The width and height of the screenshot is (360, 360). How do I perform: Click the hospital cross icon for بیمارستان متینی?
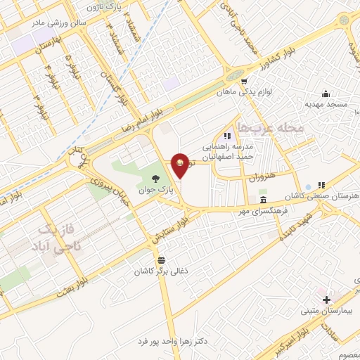click(x=326, y=299)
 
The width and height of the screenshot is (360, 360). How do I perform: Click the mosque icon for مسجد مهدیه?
click(x=326, y=94)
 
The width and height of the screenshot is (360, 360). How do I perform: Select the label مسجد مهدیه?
click(x=326, y=104)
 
